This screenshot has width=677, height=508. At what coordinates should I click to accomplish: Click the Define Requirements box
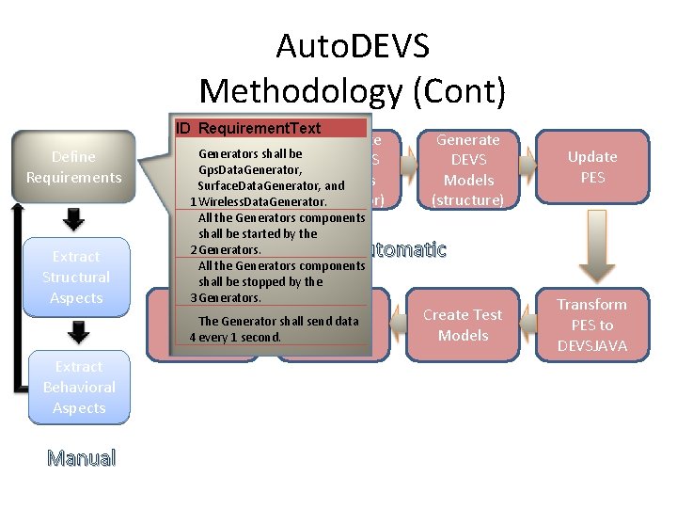[x=73, y=167]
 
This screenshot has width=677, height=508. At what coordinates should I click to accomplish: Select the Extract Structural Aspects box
[x=75, y=277]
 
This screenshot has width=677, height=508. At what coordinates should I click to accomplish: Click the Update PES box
[x=592, y=167]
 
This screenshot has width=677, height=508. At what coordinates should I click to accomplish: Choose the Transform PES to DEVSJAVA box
[x=591, y=325]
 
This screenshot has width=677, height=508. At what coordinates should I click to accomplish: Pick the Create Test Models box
[x=462, y=325]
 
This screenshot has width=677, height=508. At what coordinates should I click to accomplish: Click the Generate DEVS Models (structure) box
[x=467, y=169]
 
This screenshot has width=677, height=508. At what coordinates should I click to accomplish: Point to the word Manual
[x=82, y=459]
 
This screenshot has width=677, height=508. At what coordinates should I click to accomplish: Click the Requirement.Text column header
[x=260, y=128]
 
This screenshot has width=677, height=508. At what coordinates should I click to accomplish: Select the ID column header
[x=183, y=128]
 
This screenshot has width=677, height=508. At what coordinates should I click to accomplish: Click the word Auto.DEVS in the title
[x=352, y=46]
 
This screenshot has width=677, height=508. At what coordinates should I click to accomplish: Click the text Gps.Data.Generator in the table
[x=249, y=169]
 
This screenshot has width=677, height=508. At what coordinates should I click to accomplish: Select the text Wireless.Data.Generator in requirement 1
[x=262, y=201]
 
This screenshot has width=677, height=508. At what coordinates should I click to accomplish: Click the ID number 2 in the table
[x=193, y=250]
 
